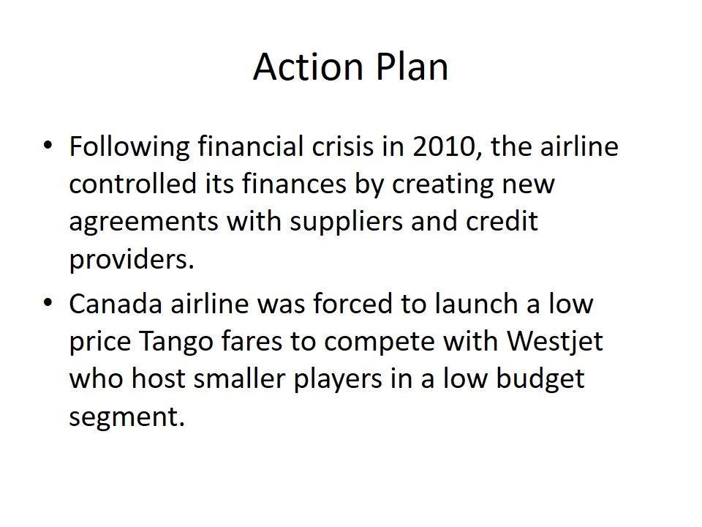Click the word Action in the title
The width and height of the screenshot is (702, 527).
coord(308,67)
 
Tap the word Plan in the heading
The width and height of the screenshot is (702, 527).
coord(412,67)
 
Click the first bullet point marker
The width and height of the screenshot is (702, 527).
coord(48,145)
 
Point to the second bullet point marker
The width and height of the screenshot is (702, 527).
coord(48,302)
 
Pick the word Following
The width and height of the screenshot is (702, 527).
coord(129,148)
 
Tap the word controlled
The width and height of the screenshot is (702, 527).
coord(132,184)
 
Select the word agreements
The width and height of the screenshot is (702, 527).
coord(143,223)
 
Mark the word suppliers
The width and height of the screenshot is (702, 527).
coord(347,223)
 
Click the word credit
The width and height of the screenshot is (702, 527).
coord(502,221)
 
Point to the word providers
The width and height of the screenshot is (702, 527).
coord(132,261)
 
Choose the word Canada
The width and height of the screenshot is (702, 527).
coord(116,303)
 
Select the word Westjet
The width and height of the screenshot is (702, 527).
coord(555,342)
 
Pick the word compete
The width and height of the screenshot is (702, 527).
coord(380,343)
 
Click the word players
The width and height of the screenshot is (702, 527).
coord(338,381)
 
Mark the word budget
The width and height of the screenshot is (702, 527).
coord(540,380)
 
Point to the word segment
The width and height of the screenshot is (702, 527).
coord(127,418)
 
